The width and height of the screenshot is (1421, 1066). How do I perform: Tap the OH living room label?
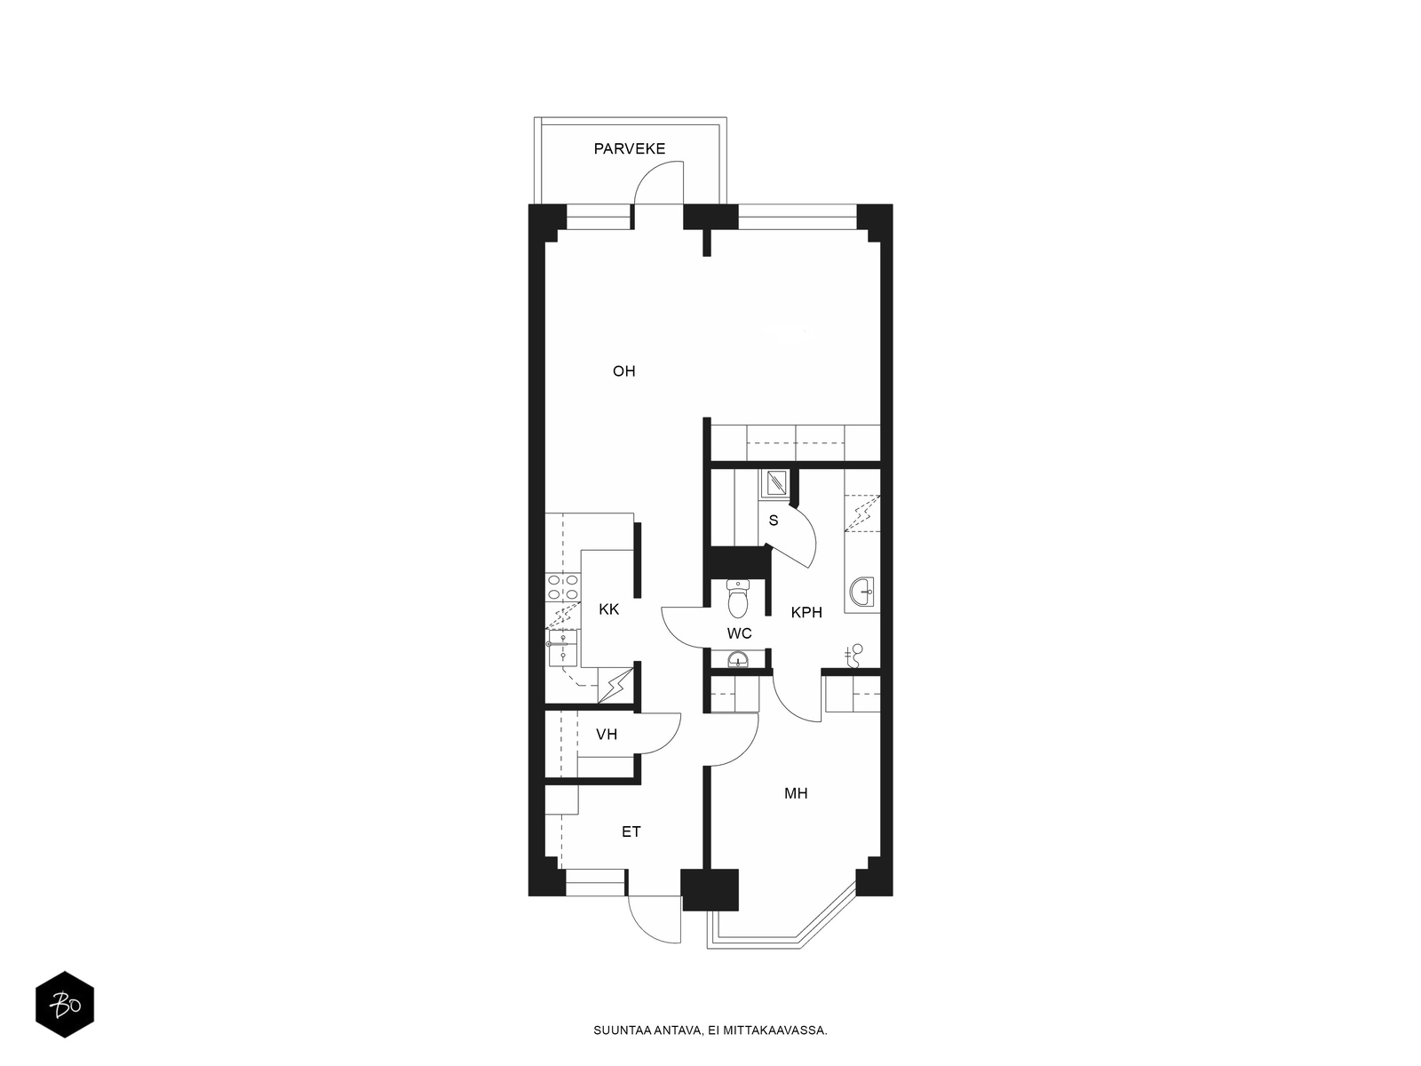(x=624, y=370)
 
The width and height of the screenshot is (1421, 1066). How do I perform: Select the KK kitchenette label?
(x=608, y=609)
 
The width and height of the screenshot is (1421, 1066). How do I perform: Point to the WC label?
(x=739, y=633)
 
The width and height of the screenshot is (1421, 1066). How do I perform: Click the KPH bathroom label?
(x=806, y=612)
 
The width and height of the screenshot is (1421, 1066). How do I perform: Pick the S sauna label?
(x=773, y=521)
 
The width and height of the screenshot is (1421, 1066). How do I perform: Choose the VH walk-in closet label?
(x=607, y=735)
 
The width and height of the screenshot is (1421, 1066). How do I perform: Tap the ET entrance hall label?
(x=631, y=831)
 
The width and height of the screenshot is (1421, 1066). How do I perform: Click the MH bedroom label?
(x=796, y=793)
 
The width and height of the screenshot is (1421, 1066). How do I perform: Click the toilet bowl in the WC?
(x=738, y=599)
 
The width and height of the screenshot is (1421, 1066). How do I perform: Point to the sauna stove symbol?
(x=775, y=483)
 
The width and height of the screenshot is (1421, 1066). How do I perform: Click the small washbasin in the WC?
(x=737, y=659)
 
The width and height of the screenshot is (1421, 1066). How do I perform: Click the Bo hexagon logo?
(x=65, y=1004)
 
